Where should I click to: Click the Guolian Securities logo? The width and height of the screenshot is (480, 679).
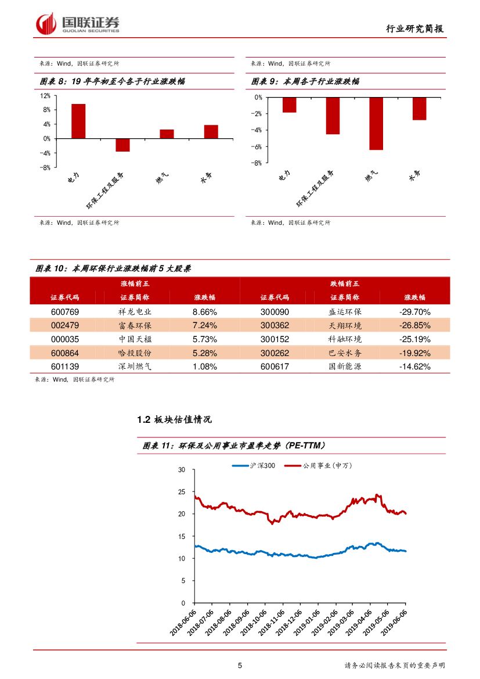click(x=78, y=24)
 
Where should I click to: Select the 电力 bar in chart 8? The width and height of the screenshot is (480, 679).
click(x=78, y=121)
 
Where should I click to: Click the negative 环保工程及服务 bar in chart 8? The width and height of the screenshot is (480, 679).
click(x=122, y=145)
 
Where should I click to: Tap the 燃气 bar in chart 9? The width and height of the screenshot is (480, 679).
click(x=376, y=124)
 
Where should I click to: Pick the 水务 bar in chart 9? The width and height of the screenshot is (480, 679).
click(x=419, y=109)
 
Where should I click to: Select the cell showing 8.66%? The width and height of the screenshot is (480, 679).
click(x=204, y=312)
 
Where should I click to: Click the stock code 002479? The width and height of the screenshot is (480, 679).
click(x=65, y=325)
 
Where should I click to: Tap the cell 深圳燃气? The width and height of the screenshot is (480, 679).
click(x=135, y=367)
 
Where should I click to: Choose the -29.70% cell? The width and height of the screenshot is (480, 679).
click(x=414, y=312)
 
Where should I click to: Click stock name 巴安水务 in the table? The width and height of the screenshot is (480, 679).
click(x=345, y=353)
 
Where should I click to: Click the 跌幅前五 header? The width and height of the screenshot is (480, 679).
click(x=345, y=283)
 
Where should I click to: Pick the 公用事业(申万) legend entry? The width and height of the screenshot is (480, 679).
click(x=327, y=465)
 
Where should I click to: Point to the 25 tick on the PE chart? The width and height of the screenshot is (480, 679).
click(x=182, y=492)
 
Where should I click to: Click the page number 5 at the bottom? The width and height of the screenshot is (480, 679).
click(x=240, y=666)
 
